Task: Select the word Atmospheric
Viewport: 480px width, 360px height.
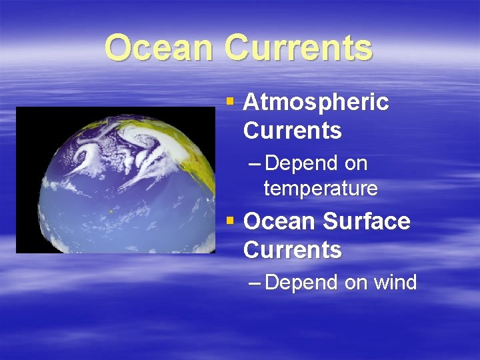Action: (316, 102)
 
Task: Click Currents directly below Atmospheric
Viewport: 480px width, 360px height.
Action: (292, 131)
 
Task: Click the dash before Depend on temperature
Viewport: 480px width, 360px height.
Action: (253, 164)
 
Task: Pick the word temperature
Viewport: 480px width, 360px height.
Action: (321, 189)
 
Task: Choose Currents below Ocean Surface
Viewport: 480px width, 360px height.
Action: (292, 250)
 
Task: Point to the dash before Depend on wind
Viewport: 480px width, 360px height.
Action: (253, 283)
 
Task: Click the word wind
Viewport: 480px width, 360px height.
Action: (395, 283)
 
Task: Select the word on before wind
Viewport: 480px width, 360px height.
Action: (356, 283)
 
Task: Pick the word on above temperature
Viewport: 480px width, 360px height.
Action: (356, 164)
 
